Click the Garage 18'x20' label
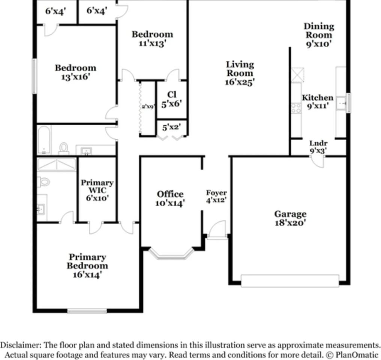tap(290, 218)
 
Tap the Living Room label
tap(240, 73)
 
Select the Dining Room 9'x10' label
tap(318, 34)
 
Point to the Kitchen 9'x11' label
tap(318, 102)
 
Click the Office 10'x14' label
tap(170, 198)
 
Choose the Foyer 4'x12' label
tap(216, 196)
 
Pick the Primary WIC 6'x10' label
tap(97, 190)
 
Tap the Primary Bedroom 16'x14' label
tap(87, 265)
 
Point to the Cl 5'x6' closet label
tap(172, 99)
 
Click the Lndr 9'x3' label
tap(318, 147)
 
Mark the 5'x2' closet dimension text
tap(172, 127)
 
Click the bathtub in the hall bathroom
tap(44, 139)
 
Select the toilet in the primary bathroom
tap(43, 182)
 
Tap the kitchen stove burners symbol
tap(296, 108)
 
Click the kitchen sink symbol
tap(341, 102)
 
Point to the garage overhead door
tap(289, 280)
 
